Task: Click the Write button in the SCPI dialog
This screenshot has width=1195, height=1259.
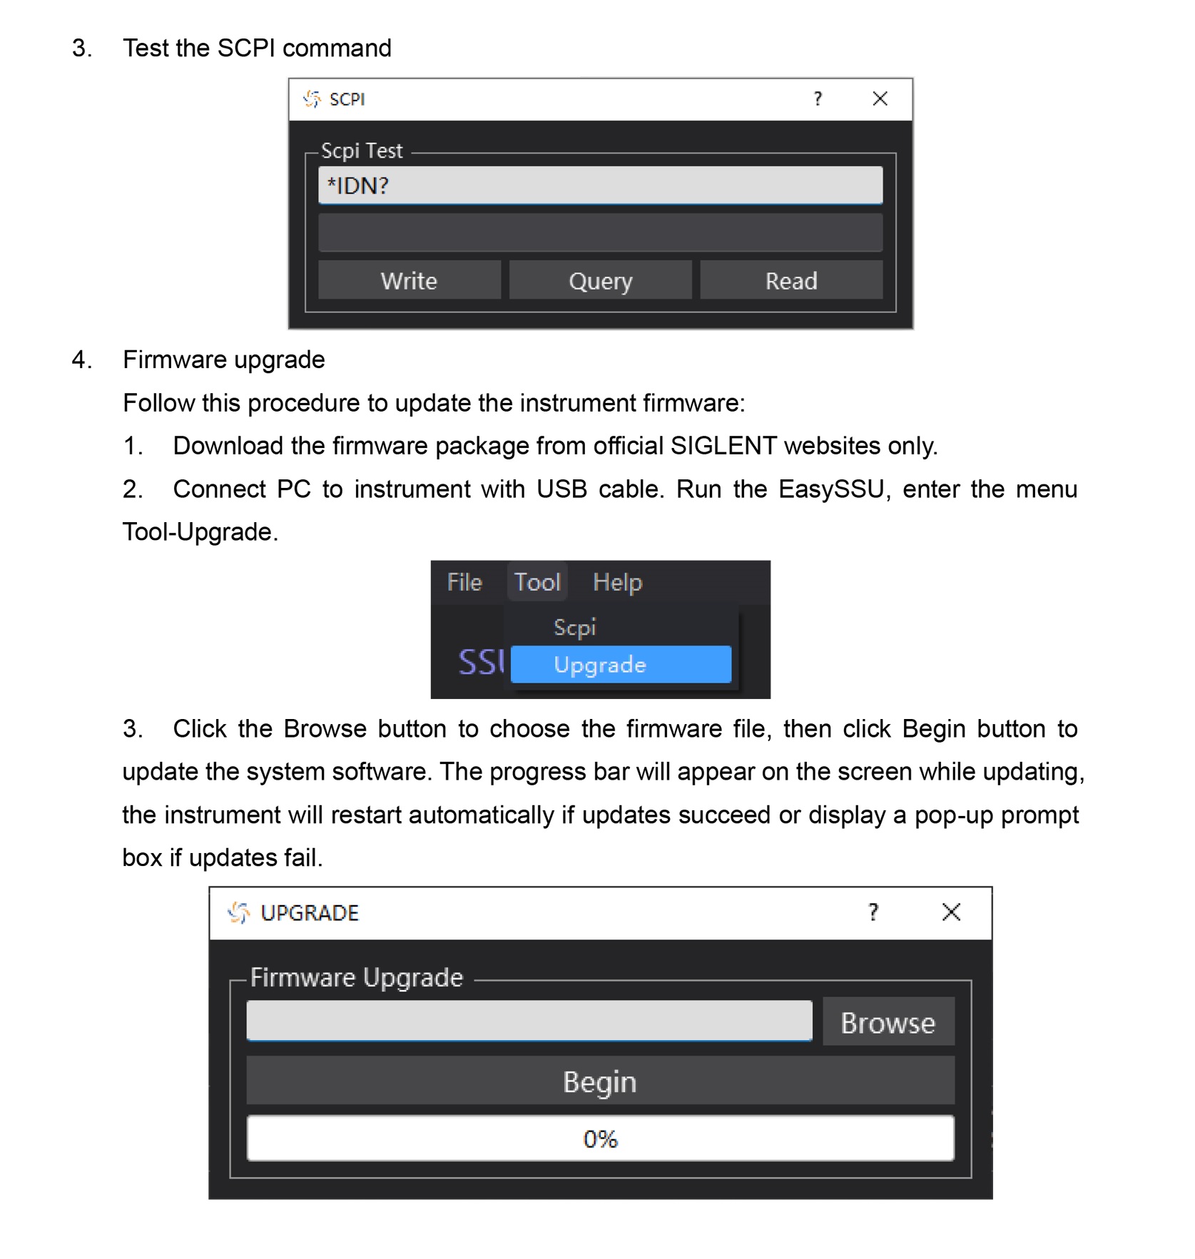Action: click(409, 280)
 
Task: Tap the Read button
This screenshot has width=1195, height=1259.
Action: click(790, 280)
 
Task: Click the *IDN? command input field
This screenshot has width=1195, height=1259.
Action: click(600, 185)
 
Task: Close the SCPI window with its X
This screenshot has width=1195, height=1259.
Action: click(880, 98)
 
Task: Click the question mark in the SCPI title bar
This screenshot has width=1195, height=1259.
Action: click(818, 98)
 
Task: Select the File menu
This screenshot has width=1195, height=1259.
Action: click(464, 582)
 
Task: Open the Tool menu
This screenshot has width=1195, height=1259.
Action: click(537, 582)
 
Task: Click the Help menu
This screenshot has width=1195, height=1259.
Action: click(617, 582)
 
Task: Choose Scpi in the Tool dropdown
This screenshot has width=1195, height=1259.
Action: click(574, 627)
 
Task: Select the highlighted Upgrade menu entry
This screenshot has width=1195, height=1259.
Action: click(621, 664)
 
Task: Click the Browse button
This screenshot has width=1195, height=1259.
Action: click(888, 1022)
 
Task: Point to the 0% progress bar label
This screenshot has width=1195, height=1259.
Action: click(600, 1138)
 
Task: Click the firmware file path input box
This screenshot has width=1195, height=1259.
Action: click(529, 1021)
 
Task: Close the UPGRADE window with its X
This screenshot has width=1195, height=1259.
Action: click(950, 912)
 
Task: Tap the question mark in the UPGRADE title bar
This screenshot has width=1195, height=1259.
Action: click(873, 912)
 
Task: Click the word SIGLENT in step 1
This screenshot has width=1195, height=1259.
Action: click(723, 446)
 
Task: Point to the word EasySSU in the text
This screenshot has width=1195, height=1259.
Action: click(831, 489)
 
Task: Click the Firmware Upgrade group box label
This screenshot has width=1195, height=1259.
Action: click(357, 977)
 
